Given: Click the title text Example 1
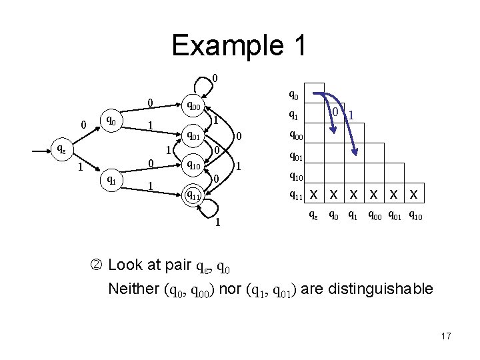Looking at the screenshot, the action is point(239,45).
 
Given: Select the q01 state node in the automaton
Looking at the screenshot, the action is point(194,137).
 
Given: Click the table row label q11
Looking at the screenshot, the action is point(295,195).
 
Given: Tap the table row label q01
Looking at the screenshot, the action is point(295,158).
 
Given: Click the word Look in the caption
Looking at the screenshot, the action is point(124,265).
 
